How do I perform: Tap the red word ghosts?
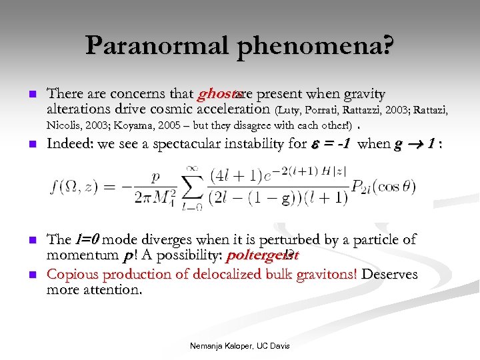(x=214, y=95)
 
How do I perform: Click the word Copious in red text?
(x=71, y=273)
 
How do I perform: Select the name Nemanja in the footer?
(x=207, y=345)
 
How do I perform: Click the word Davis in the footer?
(x=279, y=345)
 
